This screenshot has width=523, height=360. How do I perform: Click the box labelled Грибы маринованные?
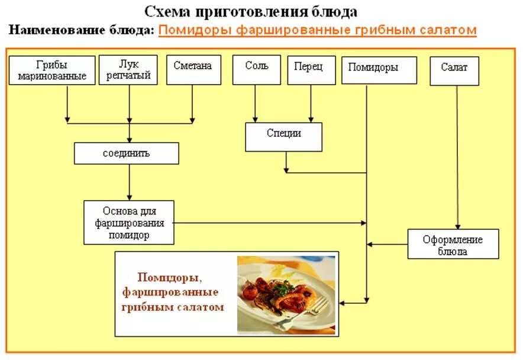pyautogui.click(x=52, y=70)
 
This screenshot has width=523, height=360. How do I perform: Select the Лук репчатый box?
pyautogui.click(x=128, y=70)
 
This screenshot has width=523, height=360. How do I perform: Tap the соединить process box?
pyautogui.click(x=126, y=153)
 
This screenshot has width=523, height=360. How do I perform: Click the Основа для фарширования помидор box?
pyautogui.click(x=129, y=222)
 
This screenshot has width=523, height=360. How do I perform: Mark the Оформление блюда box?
pyautogui.click(x=453, y=244)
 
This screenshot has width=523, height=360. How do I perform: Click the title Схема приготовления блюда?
pyautogui.click(x=251, y=11)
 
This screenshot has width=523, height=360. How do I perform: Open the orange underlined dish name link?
pyautogui.click(x=317, y=30)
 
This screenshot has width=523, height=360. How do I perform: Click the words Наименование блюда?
pyautogui.click(x=82, y=30)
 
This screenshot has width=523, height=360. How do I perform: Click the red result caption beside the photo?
pyautogui.click(x=173, y=292)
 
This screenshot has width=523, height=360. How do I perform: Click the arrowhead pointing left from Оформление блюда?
pyautogui.click(x=371, y=243)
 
